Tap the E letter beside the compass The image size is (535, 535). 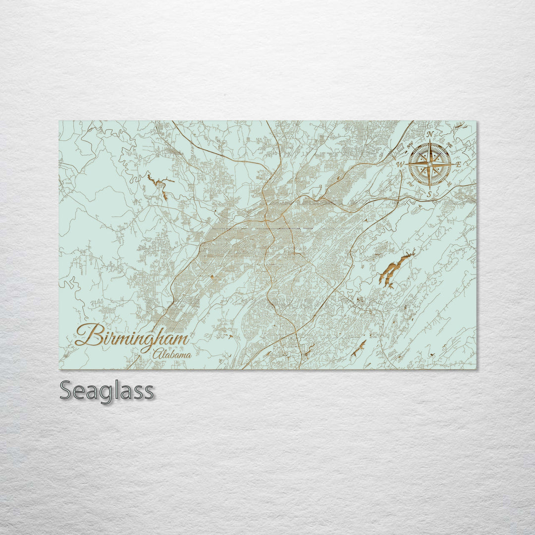(x=458, y=164)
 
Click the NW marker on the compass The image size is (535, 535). (x=410, y=145)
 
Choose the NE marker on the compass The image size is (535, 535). (x=449, y=145)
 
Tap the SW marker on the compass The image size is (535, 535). (x=410, y=183)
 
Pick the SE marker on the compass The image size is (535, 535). (x=449, y=183)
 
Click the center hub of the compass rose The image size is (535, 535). (x=430, y=164)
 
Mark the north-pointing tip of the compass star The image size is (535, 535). (x=430, y=141)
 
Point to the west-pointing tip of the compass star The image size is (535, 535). (x=408, y=164)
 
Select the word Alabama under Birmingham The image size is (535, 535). (x=172, y=355)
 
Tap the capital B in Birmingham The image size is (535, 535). (x=87, y=335)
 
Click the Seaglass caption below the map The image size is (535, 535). (x=107, y=391)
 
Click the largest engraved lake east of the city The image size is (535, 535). (x=394, y=270)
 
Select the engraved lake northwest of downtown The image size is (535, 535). (x=158, y=183)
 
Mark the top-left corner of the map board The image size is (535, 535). (x=59, y=120)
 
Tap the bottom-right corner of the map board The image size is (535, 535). (x=477, y=369)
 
